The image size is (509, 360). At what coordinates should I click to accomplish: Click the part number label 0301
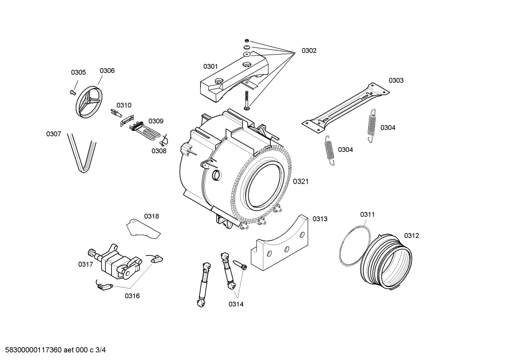tap(210, 66)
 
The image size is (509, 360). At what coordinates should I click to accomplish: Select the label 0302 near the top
tap(309, 51)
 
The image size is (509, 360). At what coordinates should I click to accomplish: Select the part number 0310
tap(124, 105)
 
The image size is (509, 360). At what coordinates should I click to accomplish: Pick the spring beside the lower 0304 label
tap(329, 150)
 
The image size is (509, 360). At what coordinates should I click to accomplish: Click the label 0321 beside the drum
tap(301, 181)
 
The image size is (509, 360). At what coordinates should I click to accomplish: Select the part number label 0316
tap(132, 296)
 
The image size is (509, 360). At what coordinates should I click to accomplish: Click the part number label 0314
tap(236, 304)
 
